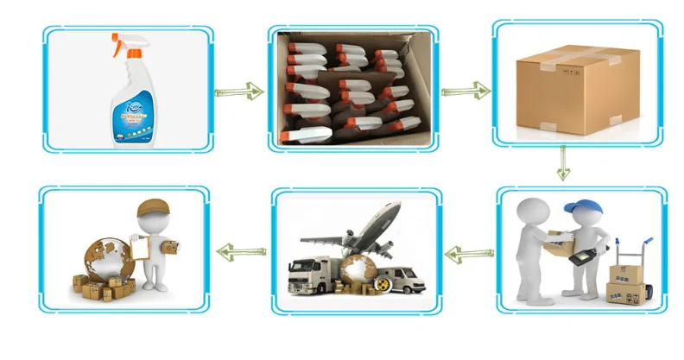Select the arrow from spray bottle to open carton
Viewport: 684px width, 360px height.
pos(238,91)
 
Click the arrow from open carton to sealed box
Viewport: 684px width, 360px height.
pos(465,90)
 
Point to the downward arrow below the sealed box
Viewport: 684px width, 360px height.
pos(563,161)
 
